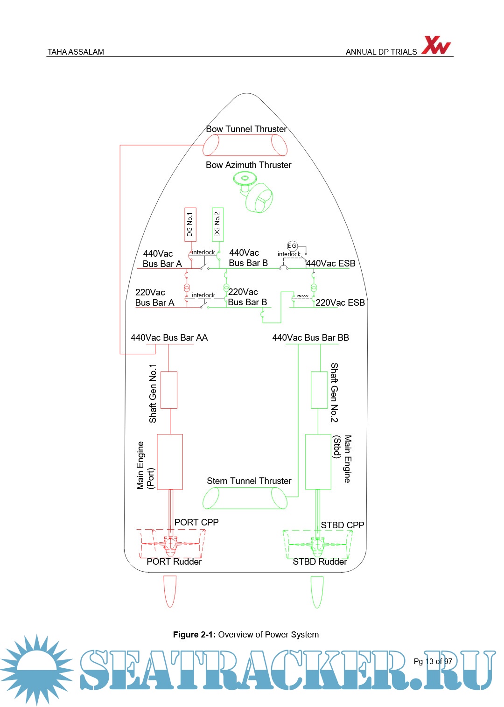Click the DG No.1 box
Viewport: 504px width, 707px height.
coord(190,224)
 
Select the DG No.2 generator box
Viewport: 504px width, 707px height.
coord(217,224)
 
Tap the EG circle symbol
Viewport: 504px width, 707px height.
coord(292,246)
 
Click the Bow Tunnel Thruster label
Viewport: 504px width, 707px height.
coord(246,129)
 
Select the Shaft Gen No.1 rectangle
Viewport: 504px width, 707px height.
coord(168,390)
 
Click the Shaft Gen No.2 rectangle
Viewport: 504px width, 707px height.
coord(319,390)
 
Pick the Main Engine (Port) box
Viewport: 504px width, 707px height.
coord(170,462)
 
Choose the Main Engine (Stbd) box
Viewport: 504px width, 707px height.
coord(318,462)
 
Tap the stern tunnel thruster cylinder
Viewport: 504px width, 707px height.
coord(245,498)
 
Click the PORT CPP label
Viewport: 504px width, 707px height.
coord(196,522)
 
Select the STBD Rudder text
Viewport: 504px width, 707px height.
coord(320,562)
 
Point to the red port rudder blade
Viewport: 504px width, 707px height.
coord(170,591)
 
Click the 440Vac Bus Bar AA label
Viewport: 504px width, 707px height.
coord(169,338)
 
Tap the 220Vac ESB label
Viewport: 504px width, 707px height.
coord(340,303)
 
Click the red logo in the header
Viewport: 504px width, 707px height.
coord(436,45)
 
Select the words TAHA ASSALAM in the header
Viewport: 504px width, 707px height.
coord(76,52)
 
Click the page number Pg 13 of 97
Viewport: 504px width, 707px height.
coord(433,661)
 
